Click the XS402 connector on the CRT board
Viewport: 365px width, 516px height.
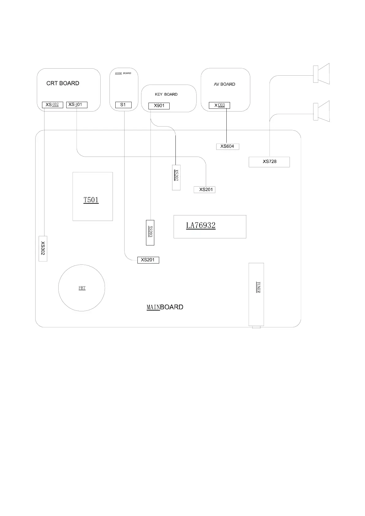click(x=52, y=105)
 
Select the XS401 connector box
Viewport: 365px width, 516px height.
click(x=77, y=105)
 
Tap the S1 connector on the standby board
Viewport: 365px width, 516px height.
click(x=123, y=105)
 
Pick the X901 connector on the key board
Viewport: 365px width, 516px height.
click(x=159, y=106)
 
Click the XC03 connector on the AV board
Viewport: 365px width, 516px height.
click(x=219, y=105)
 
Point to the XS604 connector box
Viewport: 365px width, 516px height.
click(x=227, y=146)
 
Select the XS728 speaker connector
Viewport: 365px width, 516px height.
click(x=269, y=162)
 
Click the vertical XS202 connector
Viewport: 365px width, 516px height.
click(x=176, y=177)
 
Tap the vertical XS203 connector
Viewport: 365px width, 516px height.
click(x=150, y=233)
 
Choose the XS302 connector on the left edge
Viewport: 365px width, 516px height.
click(x=43, y=249)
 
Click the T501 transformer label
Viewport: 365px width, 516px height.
click(x=91, y=200)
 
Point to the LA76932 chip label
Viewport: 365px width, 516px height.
click(x=201, y=226)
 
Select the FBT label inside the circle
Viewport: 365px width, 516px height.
click(x=82, y=288)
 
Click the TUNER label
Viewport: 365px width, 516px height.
click(x=258, y=287)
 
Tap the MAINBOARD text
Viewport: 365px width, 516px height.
click(x=165, y=307)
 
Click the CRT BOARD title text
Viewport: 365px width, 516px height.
click(x=63, y=83)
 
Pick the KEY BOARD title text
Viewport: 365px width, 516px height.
click(x=166, y=94)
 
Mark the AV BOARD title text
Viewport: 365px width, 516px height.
click(x=225, y=84)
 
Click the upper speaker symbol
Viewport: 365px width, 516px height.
click(x=321, y=74)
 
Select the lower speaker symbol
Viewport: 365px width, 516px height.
click(x=321, y=111)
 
